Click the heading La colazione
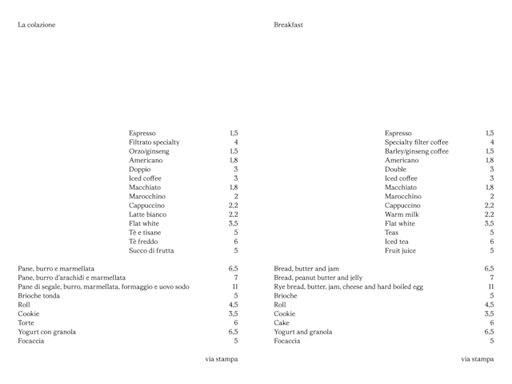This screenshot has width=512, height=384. coord(37,25)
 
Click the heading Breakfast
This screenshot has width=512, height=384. coord(288,25)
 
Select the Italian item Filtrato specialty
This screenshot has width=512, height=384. coord(154,142)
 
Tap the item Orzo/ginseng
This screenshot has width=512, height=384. coord(149,151)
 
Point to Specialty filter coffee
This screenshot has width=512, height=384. coord(416,142)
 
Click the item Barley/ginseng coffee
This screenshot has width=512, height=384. coord(416,151)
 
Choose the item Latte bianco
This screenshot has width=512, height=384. coord(147,214)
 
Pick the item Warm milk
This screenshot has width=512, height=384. coord(402,214)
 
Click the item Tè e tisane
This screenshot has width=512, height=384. coord(145,233)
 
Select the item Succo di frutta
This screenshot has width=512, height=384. coord(151,250)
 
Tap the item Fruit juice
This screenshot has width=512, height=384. coord(400,250)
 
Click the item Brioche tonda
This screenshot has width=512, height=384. coord(38,296)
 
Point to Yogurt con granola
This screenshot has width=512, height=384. coord(47,332)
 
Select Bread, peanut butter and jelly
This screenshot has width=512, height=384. coord(318,278)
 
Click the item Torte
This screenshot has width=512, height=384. coord(26,323)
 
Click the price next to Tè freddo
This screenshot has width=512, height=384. coord(236,242)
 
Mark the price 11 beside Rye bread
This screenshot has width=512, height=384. coord(491,286)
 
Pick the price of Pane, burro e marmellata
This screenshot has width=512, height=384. coord(233,269)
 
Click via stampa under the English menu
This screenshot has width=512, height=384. coord(477,359)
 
